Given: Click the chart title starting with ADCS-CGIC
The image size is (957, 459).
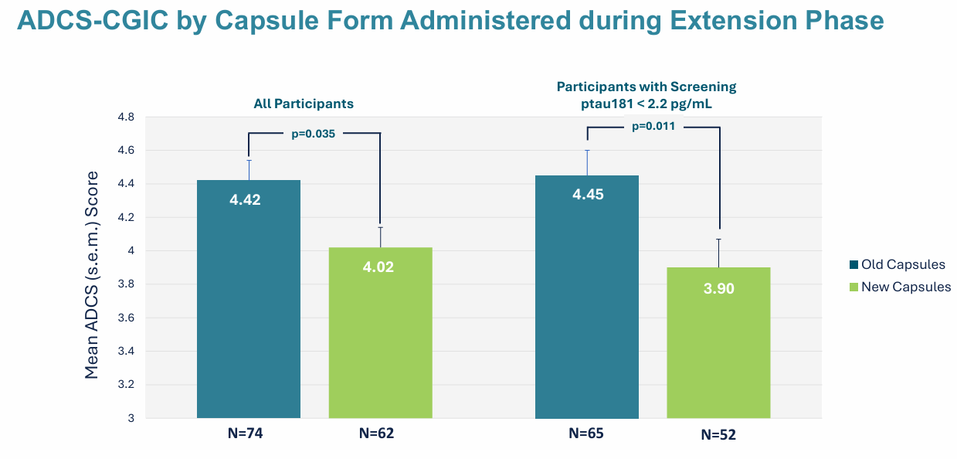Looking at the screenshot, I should pos(450,21).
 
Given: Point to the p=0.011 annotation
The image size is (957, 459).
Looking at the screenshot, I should pos(653,126).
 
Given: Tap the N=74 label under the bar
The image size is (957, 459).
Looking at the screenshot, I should pos(248,433).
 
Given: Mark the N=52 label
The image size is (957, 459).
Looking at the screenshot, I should pos(718,435).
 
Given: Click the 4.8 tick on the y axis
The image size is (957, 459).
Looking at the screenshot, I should pos(126,117).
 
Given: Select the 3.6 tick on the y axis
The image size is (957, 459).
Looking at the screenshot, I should pos(126,318).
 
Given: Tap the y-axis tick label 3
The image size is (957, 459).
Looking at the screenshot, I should pos(131,418).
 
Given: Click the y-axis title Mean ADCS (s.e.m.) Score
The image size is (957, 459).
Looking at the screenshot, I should pos(91,274).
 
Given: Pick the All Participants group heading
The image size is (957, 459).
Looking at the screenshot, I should pos(304,103).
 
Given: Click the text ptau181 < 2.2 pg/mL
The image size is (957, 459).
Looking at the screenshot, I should pos(646,103).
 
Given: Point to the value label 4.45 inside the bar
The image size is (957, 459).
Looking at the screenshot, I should pos(587,195).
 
